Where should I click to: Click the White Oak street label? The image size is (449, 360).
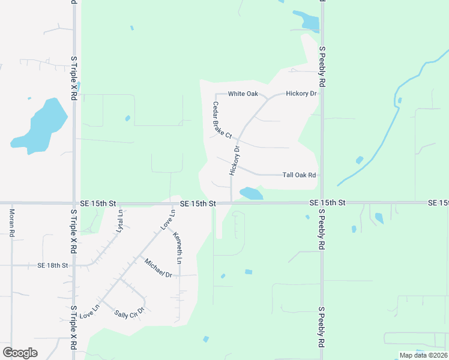(x=243, y=94)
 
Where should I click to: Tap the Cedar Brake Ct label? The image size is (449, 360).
(x=220, y=122)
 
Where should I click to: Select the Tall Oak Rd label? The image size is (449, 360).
(x=299, y=175)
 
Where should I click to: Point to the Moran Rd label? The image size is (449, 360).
(x=11, y=223)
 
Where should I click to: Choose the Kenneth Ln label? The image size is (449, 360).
(x=178, y=248)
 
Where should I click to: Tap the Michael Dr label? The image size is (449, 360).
(x=158, y=267)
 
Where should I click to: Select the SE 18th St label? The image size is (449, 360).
(x=53, y=265)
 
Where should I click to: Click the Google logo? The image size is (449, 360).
(x=20, y=352)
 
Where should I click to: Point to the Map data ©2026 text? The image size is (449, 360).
(x=423, y=355)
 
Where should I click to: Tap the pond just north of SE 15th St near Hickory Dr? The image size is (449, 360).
(x=251, y=194)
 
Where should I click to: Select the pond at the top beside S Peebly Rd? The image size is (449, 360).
(x=308, y=22)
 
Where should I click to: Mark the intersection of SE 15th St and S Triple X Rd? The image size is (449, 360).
(x=74, y=203)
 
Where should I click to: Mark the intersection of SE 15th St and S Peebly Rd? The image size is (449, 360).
(x=321, y=203)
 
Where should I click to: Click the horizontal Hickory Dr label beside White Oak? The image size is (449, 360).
(x=301, y=94)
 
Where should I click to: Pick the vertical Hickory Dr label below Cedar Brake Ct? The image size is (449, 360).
(x=234, y=161)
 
